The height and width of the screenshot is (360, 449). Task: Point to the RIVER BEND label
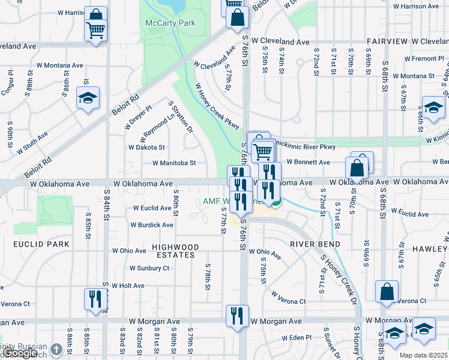[x=315, y=244]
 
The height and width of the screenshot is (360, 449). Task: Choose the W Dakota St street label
[x=146, y=147]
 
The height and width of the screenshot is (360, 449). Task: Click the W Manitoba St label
[x=174, y=163]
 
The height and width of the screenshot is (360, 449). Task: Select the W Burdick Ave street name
[x=152, y=225]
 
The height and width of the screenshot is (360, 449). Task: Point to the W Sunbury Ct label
[x=149, y=268]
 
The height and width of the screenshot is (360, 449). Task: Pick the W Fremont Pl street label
[x=424, y=59]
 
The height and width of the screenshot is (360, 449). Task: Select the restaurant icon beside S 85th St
[x=95, y=298]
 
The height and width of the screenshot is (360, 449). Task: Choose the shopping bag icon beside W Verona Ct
[x=387, y=292]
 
